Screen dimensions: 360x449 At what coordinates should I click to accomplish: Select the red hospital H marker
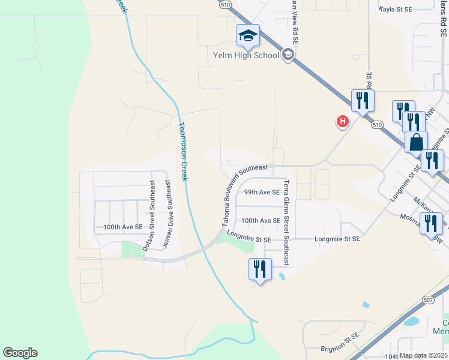coord(342,122)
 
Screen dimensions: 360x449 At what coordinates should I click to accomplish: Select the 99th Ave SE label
coord(262,193)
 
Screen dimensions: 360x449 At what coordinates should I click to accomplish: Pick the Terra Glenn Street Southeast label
coord(287,223)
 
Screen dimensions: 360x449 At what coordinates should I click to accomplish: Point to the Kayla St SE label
coord(396,10)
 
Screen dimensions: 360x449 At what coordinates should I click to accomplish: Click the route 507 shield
coord(428,299)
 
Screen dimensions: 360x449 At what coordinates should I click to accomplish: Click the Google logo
coord(20,353)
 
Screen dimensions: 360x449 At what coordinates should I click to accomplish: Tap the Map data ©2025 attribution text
coord(423,355)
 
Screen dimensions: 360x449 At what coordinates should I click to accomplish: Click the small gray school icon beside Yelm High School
coord(288,55)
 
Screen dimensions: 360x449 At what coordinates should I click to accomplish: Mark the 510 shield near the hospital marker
coord(376,125)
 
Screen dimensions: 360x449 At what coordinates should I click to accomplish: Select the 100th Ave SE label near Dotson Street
coord(123,227)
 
